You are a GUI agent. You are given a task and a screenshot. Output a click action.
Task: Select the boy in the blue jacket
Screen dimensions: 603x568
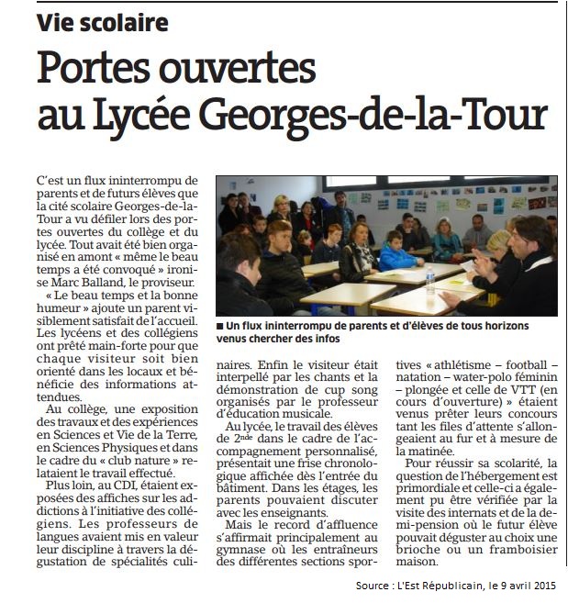[396, 253]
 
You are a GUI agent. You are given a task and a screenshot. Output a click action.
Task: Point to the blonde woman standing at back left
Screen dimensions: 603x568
[280, 210]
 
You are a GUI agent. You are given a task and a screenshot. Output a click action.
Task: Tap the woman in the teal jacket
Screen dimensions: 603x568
[447, 240]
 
